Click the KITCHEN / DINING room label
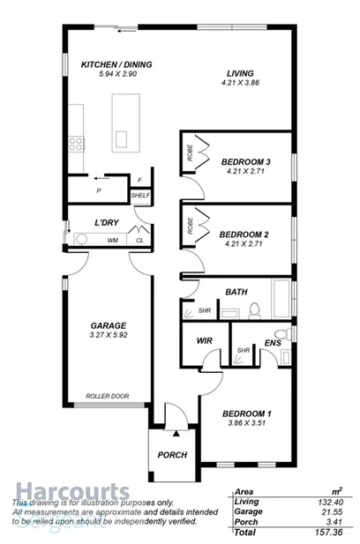116,64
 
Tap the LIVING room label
240,72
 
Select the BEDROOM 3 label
246,161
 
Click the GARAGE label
108,324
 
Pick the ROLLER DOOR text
108,396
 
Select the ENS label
272,343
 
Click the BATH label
236,291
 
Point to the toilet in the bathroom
254,309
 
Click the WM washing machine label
112,240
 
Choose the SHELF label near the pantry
139,195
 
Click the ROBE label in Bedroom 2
190,225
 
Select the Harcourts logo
71,491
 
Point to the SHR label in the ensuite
243,350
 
